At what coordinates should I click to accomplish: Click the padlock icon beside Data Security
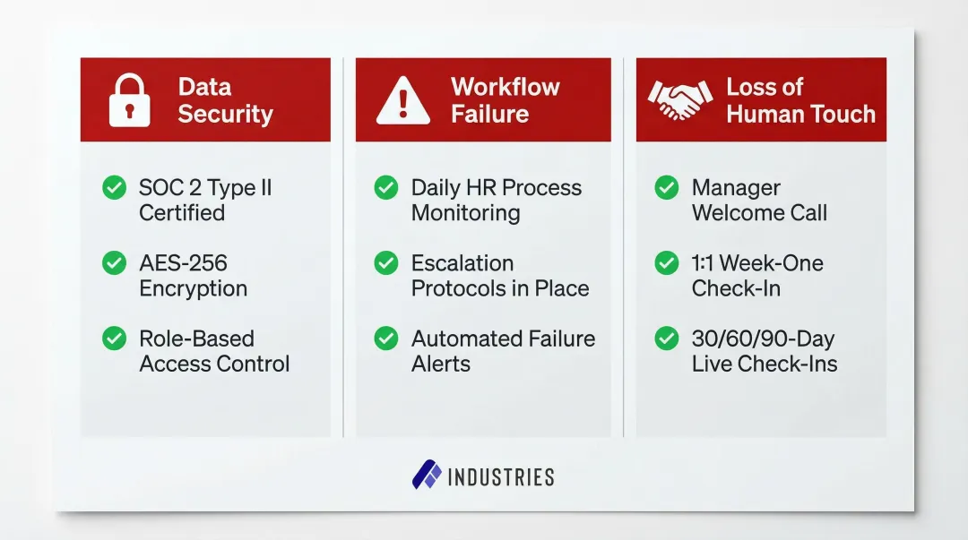pos(130,99)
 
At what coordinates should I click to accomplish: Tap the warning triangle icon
pos(402,100)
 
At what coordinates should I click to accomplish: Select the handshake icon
pos(678,100)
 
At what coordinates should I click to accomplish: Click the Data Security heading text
pos(225,100)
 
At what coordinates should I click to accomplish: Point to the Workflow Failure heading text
pos(505,100)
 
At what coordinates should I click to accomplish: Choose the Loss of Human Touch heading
pos(800,100)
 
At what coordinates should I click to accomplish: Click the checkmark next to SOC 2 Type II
pos(114,187)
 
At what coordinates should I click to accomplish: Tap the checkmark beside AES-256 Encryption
pos(114,262)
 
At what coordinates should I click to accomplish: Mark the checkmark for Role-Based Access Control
pos(114,338)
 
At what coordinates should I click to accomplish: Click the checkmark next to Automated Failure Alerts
pos(385,338)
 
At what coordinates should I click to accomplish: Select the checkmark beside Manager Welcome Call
pos(666,187)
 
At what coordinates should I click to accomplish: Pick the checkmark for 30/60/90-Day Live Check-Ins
pos(666,338)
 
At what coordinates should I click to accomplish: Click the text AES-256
pos(183,263)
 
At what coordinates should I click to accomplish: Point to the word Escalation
pos(462,263)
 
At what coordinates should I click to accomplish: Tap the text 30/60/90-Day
pos(763,339)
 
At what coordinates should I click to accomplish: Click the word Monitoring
pos(465,213)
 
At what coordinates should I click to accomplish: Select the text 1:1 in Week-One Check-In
pos(704,263)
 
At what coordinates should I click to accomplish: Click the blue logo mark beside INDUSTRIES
pos(427,476)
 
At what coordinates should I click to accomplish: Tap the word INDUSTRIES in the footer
pos(500,476)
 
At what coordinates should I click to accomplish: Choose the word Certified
pos(181,213)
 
